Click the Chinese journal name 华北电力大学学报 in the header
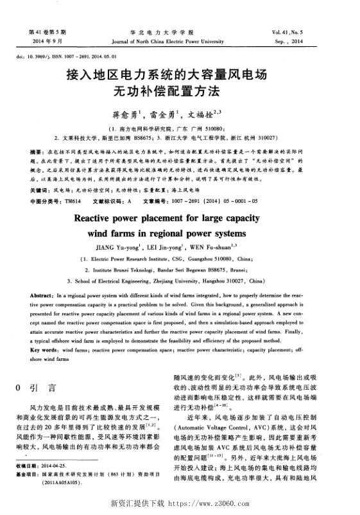180,31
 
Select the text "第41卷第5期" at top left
44,31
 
